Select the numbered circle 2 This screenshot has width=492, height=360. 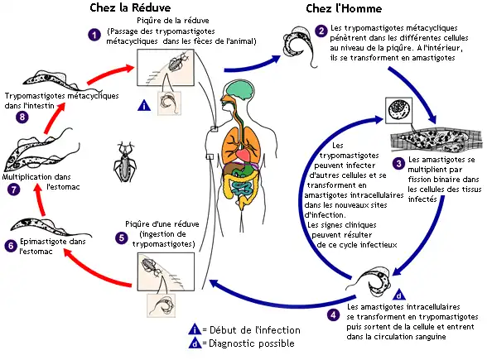[321, 31]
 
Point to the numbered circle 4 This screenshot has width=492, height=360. [333, 314]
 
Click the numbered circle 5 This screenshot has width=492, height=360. [121, 238]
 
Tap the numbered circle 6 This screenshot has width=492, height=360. [10, 245]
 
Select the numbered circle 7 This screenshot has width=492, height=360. [11, 190]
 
